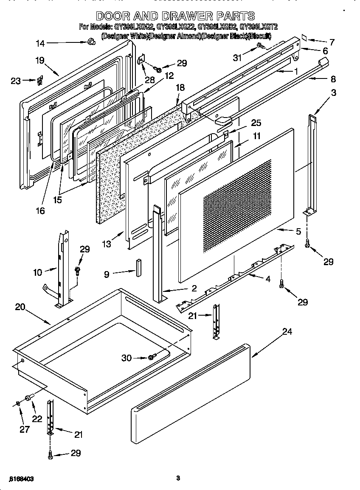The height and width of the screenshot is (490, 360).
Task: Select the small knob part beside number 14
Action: click(90, 42)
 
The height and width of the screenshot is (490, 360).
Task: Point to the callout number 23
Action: click(15, 81)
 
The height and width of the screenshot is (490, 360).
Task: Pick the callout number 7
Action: click(332, 42)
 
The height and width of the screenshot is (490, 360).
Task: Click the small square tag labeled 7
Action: click(304, 38)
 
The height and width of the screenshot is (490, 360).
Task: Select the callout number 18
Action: click(180, 87)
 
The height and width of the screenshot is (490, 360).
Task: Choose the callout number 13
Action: click(106, 244)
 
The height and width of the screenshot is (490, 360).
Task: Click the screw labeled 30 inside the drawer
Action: click(152, 358)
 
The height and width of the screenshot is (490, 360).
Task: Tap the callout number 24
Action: click(287, 332)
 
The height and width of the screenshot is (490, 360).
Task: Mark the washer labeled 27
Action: click(18, 403)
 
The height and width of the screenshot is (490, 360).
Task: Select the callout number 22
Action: click(37, 419)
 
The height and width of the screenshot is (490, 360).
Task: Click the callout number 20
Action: click(20, 307)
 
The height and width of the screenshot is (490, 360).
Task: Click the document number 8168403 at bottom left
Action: click(21, 479)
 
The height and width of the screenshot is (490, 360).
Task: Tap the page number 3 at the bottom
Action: click(178, 479)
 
